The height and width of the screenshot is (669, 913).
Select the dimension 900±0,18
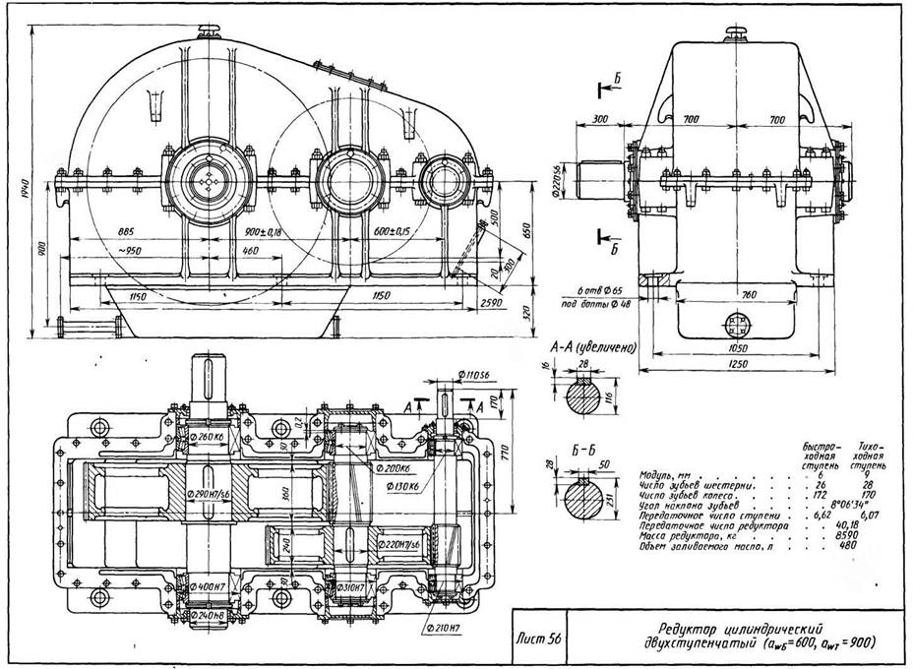263,232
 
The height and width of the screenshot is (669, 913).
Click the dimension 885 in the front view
125,232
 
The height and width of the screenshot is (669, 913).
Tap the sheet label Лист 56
541,638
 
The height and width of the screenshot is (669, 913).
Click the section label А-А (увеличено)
588,347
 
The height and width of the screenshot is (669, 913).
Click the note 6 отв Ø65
603,292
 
